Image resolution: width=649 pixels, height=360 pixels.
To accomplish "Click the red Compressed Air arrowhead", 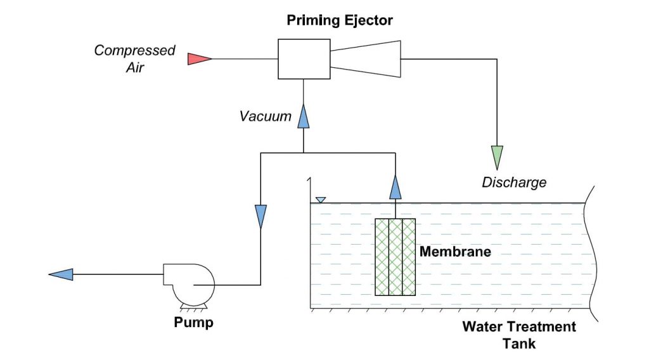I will tap(199, 59).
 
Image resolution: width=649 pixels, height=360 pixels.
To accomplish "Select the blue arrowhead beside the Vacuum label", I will tap(304, 115).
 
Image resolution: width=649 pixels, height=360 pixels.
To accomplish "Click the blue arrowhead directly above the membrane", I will tap(395, 187).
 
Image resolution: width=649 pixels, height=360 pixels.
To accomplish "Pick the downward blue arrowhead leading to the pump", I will tap(260, 216).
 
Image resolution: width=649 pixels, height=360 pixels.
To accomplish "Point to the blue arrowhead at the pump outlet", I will tap(61, 274).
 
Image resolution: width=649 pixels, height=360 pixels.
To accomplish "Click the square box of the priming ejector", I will tap(304, 59).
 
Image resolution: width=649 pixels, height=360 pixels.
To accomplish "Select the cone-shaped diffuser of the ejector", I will tap(366, 59).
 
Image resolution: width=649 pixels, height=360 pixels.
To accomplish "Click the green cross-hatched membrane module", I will tap(395, 257).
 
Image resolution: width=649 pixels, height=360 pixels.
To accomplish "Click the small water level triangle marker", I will tap(321, 200).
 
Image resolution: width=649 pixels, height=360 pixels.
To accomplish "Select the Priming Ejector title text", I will tap(340, 20).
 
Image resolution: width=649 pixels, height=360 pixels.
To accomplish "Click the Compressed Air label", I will tap(134, 58).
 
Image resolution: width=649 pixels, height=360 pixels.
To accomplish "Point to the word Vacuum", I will tap(266, 117).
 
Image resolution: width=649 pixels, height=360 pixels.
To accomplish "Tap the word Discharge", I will tap(514, 183).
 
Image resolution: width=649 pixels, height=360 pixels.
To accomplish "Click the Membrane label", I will tap(455, 252).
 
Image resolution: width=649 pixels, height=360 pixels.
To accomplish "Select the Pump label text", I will tap(194, 323).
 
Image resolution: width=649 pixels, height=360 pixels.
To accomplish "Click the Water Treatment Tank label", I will tap(518, 335).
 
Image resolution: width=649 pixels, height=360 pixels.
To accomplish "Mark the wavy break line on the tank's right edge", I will tap(592, 254).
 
